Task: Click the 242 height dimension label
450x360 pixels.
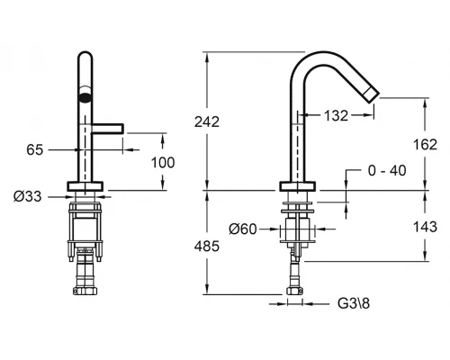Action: [x=207, y=121]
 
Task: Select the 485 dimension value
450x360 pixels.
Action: [x=207, y=247]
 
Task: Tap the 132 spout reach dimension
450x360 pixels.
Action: [x=336, y=115]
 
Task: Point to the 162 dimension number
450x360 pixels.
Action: [x=425, y=145]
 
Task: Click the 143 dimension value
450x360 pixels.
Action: [x=425, y=227]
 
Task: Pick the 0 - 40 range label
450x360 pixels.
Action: [x=387, y=171]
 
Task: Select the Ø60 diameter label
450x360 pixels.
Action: [x=243, y=229]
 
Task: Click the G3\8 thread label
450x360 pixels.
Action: [x=354, y=303]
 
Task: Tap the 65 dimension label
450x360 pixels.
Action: [x=35, y=149]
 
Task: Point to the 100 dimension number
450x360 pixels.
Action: [x=163, y=163]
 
